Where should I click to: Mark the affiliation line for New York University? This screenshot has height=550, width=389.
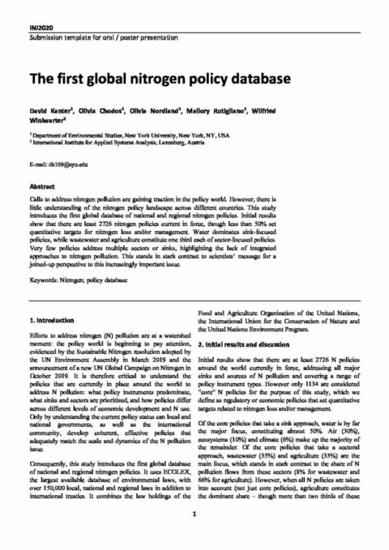pos(130,134)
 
